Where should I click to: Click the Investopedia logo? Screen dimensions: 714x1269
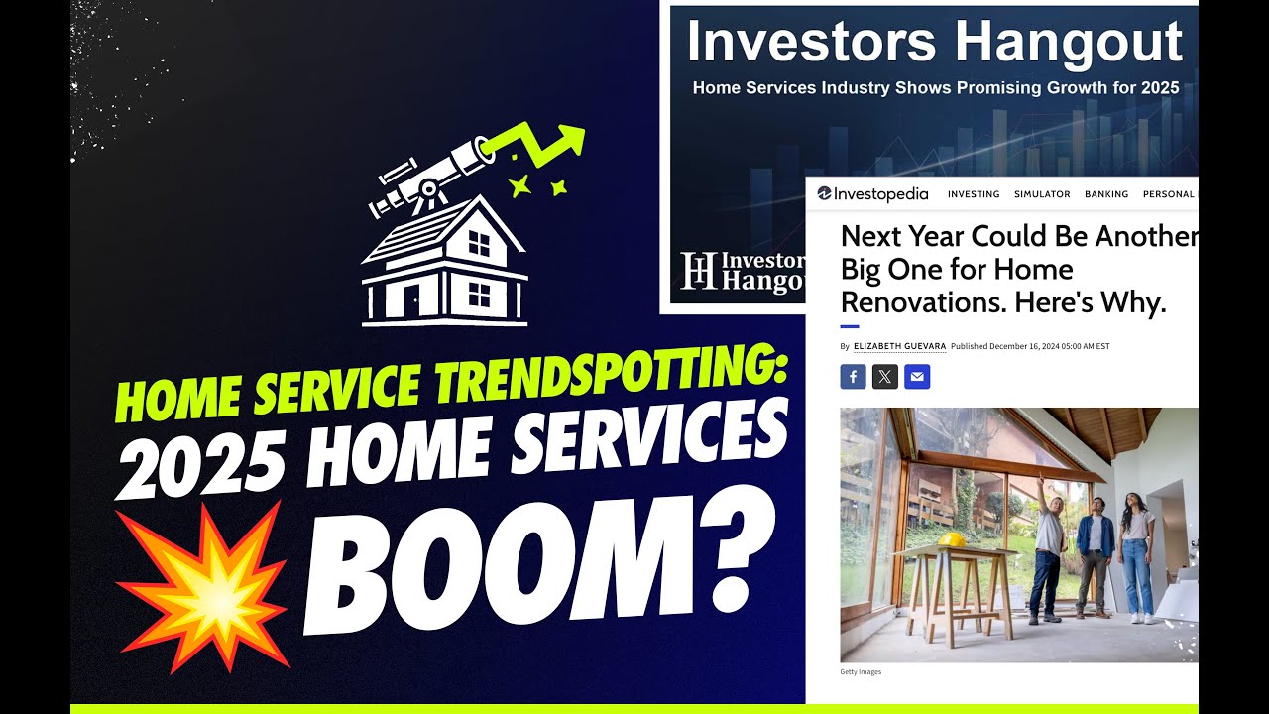[872, 194]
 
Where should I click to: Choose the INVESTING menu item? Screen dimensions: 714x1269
[974, 194]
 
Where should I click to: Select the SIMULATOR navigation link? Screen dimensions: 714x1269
[1042, 194]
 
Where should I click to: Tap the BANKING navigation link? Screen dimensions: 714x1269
[1106, 194]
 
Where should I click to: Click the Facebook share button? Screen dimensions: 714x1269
[853, 377]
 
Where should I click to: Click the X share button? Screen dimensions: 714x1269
[885, 377]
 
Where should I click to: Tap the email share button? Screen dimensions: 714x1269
[917, 377]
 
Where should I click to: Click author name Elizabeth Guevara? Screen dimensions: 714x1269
[899, 346]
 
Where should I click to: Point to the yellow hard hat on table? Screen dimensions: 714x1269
[952, 539]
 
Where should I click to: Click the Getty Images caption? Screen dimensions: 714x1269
[861, 672]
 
